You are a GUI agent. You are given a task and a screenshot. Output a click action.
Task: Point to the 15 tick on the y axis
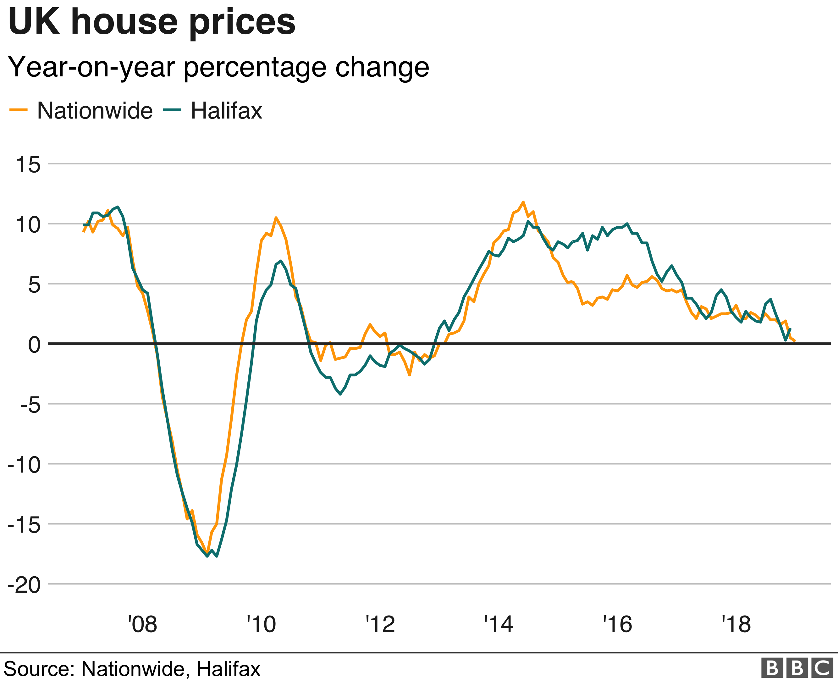tap(28, 164)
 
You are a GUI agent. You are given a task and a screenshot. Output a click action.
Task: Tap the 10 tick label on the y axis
tap(28, 225)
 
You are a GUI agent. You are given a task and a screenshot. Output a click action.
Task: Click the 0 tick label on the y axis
tap(35, 345)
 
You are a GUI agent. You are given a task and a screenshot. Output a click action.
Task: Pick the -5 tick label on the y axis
tap(30, 405)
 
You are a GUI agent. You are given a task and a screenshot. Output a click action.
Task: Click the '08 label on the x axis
tap(143, 624)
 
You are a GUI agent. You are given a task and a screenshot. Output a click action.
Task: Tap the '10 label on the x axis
tap(262, 624)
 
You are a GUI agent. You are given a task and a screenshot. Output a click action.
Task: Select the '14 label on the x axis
tap(499, 624)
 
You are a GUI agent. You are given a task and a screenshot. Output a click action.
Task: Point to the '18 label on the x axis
tap(736, 624)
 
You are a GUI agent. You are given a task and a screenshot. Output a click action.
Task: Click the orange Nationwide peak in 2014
tap(523, 202)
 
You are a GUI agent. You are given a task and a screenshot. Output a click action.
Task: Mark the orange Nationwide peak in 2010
tap(276, 218)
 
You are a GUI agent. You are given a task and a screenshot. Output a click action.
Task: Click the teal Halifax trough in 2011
tap(340, 394)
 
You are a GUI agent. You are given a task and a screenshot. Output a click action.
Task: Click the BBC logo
tap(797, 668)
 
